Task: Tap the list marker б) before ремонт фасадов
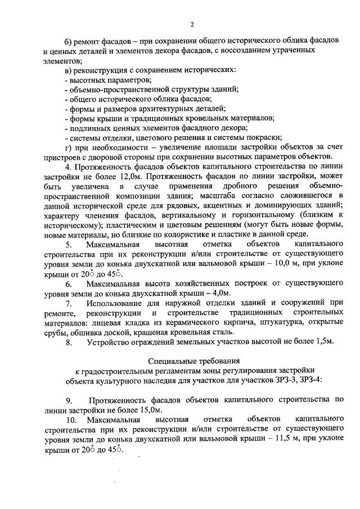69,43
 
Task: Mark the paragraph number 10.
71,420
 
